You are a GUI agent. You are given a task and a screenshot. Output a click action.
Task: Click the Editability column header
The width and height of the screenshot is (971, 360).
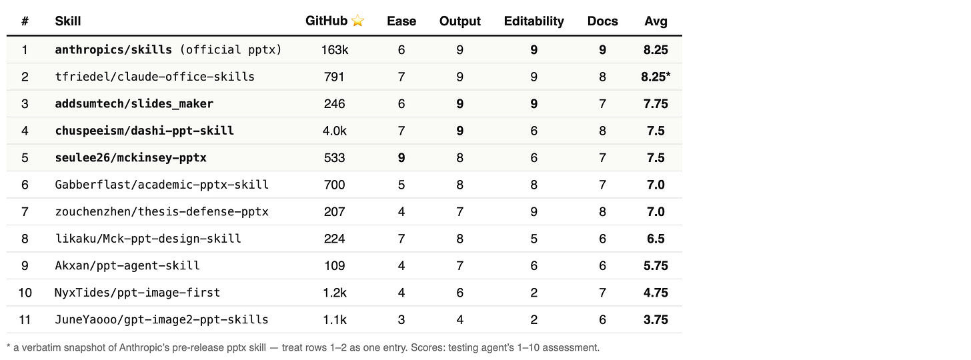[534, 21]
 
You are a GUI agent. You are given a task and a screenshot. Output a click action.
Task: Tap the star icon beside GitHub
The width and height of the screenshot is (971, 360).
[357, 21]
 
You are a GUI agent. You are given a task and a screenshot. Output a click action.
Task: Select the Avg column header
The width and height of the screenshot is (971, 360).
[656, 21]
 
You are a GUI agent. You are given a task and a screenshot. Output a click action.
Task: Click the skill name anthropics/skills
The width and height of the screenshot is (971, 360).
[113, 50]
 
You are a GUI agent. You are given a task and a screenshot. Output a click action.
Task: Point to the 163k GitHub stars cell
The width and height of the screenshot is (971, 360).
[334, 50]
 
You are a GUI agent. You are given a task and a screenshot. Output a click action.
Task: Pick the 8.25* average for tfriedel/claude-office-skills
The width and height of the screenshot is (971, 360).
[656, 77]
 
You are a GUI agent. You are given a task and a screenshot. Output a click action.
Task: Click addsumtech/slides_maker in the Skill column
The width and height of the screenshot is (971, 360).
[134, 104]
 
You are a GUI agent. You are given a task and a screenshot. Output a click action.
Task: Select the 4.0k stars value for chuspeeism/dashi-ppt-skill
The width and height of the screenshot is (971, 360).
[334, 131]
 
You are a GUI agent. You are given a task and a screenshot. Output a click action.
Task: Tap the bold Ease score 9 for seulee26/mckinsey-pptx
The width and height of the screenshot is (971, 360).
[401, 158]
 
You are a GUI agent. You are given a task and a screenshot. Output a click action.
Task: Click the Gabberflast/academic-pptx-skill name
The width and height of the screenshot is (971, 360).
[161, 185]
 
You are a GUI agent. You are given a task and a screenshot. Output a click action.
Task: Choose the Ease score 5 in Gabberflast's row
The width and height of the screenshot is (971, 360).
[401, 185]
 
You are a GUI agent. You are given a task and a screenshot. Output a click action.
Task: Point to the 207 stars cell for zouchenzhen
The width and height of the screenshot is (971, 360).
[334, 212]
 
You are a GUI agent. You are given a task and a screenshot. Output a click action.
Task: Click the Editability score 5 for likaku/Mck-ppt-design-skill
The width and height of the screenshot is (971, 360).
[534, 239]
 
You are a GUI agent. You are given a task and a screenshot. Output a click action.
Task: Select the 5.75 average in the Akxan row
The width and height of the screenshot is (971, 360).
[656, 265]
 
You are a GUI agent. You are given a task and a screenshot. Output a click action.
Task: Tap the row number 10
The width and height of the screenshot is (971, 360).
[25, 293]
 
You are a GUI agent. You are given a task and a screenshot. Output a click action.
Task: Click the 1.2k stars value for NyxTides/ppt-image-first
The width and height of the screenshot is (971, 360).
[334, 293]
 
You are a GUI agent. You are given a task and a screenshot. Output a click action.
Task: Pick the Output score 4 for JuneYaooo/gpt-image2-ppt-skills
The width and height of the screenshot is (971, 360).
[460, 320]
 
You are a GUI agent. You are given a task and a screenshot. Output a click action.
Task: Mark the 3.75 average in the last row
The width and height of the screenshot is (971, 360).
[656, 320]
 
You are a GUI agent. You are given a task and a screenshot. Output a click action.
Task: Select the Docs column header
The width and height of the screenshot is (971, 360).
[603, 21]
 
